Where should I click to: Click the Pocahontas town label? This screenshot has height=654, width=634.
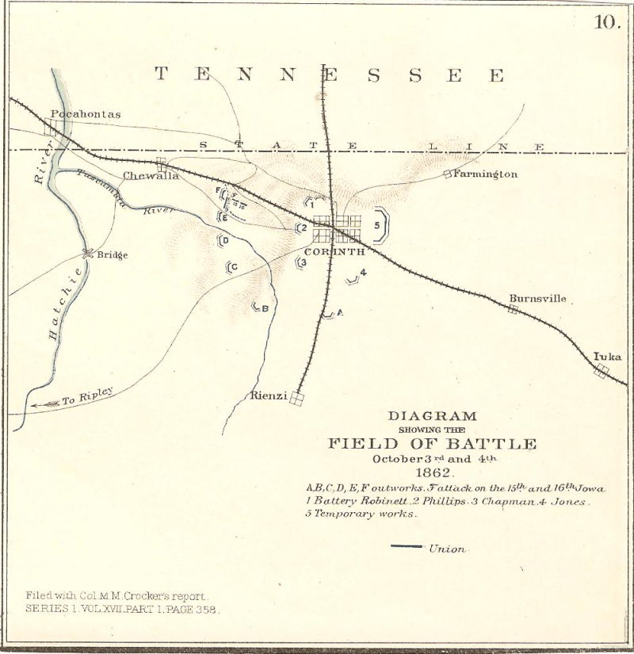[x=86, y=114]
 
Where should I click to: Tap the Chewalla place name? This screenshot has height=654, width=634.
[x=151, y=176]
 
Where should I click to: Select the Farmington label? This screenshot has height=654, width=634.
[x=485, y=174]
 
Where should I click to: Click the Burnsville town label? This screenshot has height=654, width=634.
[x=538, y=299]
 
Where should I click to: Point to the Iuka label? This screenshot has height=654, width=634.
[x=608, y=357]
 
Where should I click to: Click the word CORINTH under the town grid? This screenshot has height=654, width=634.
[x=334, y=251]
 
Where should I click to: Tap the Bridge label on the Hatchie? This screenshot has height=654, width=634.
[x=113, y=255]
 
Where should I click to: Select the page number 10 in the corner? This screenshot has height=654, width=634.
[x=606, y=22]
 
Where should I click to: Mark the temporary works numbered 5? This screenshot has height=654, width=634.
[x=378, y=225]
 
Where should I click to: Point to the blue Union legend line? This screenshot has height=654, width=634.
[x=407, y=546]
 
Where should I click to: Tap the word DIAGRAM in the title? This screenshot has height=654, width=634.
[x=432, y=415]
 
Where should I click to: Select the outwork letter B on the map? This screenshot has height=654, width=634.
[x=265, y=308]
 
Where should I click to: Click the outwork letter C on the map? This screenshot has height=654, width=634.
[x=235, y=266]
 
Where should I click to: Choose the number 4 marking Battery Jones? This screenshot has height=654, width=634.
[x=363, y=273]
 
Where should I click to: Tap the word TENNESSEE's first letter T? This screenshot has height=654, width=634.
[x=162, y=75]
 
